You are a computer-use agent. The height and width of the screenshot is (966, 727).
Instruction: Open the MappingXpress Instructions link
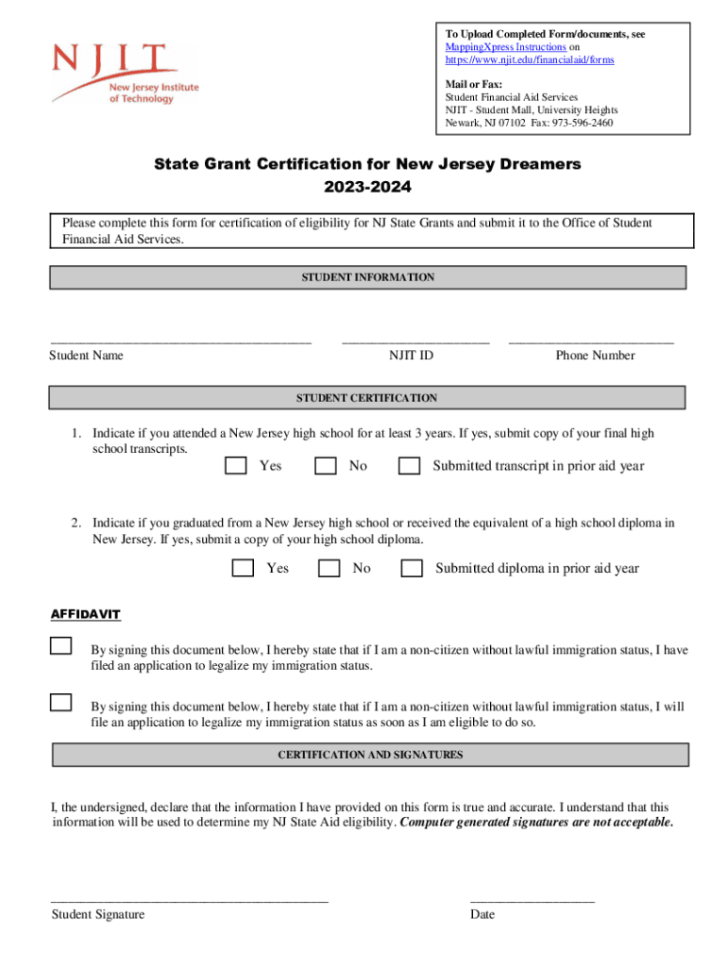(505, 47)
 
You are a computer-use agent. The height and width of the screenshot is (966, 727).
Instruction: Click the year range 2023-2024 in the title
(367, 188)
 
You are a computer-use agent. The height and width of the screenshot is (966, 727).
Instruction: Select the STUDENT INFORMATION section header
(367, 277)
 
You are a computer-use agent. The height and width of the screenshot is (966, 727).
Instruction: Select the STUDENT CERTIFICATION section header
(367, 398)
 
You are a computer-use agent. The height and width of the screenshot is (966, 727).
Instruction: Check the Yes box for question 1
(236, 465)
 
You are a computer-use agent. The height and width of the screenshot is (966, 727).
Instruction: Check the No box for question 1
(326, 465)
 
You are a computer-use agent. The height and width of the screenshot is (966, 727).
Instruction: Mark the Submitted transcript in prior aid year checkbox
(409, 465)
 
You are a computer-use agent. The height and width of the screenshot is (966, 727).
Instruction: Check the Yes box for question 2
(243, 568)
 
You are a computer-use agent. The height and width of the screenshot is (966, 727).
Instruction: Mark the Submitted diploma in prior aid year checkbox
(412, 568)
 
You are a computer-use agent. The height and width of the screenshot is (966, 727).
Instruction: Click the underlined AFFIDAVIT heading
(85, 615)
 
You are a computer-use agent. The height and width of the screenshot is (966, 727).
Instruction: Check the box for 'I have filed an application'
(60, 646)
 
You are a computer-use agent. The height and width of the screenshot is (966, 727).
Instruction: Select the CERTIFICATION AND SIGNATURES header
(370, 756)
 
